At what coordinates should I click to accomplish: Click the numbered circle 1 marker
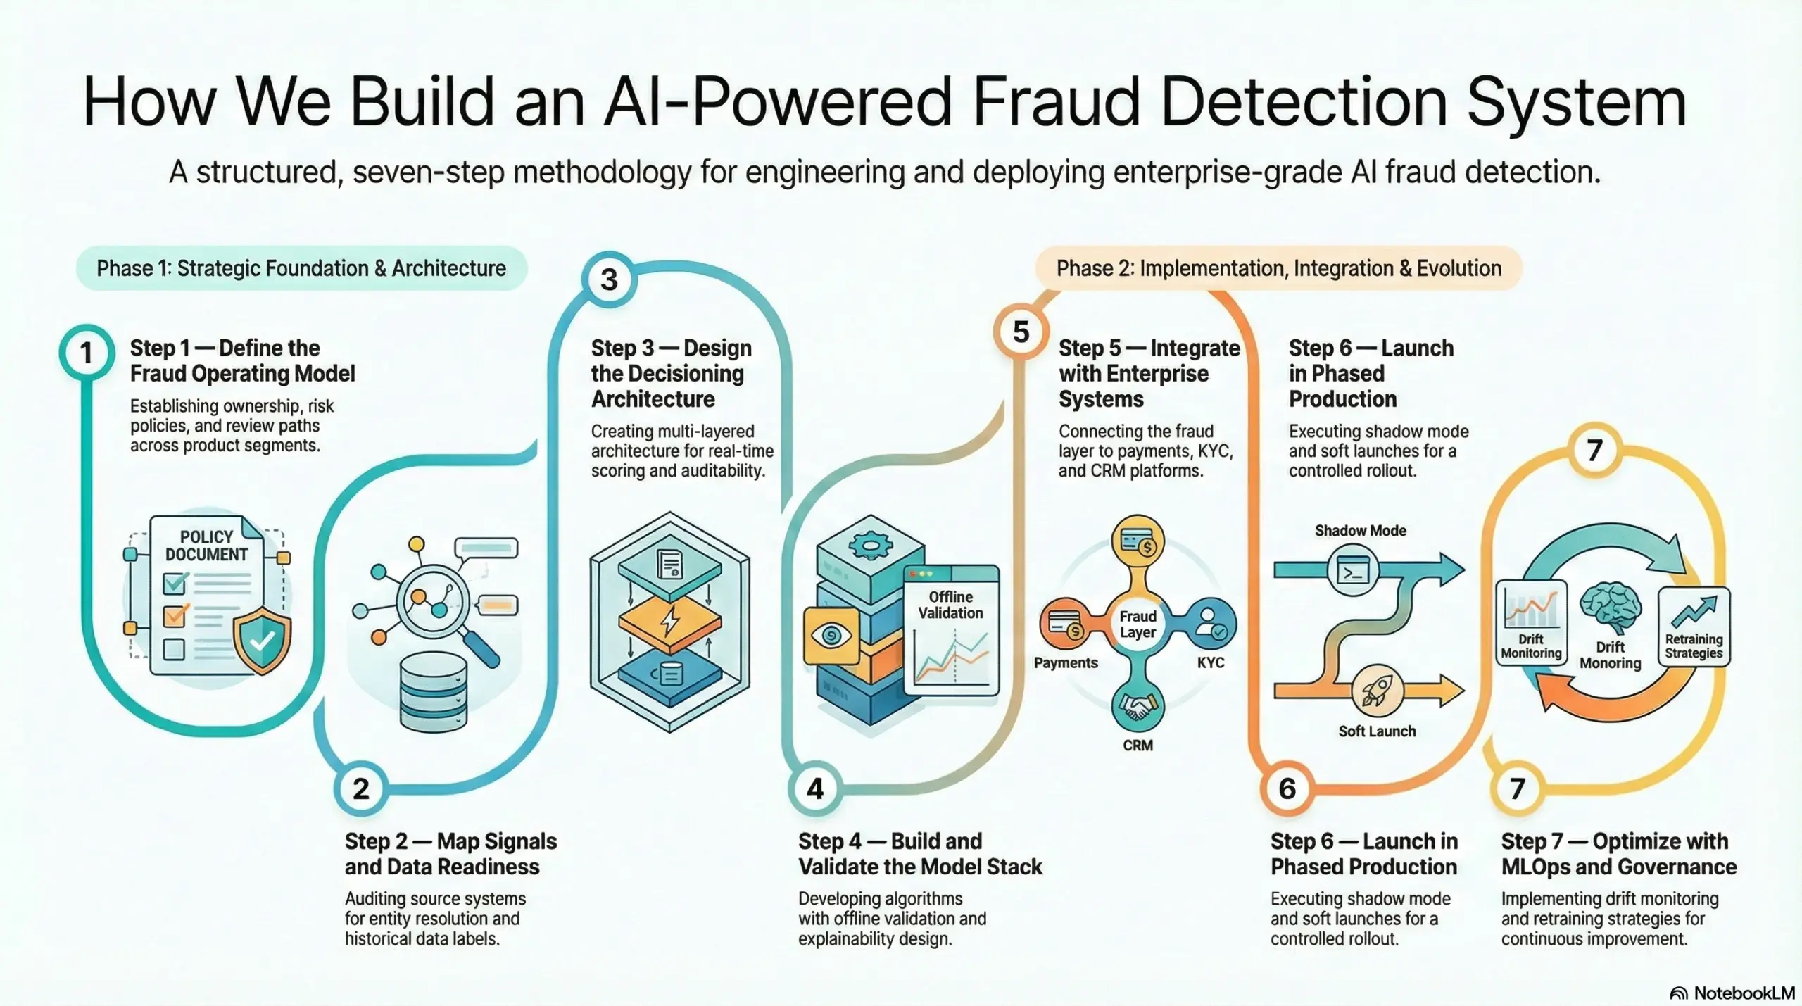(x=86, y=353)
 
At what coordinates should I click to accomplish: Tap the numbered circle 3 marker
(x=609, y=279)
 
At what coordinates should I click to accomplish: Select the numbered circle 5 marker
(x=1021, y=332)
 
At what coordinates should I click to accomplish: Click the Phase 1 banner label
(x=301, y=268)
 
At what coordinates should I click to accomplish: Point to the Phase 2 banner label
(x=1278, y=268)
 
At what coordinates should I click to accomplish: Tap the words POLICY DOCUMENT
(x=206, y=546)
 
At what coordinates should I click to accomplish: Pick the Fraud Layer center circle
(x=1138, y=624)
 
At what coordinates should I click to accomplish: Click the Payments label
(x=1066, y=662)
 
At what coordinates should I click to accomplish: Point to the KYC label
(x=1211, y=662)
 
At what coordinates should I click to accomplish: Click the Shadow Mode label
(x=1360, y=531)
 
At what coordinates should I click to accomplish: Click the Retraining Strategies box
(x=1694, y=627)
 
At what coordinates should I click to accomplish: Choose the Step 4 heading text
(x=919, y=853)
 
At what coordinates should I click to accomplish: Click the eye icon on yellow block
(x=831, y=636)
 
